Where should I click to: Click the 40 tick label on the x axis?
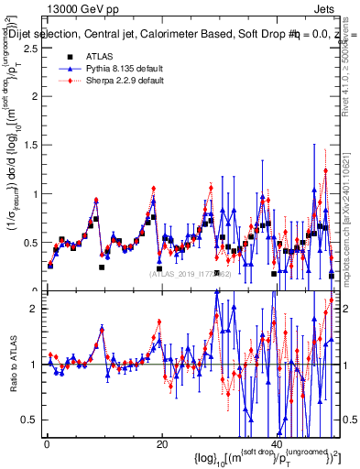(x=277, y=443)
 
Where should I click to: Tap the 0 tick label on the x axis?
(x=47, y=443)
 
